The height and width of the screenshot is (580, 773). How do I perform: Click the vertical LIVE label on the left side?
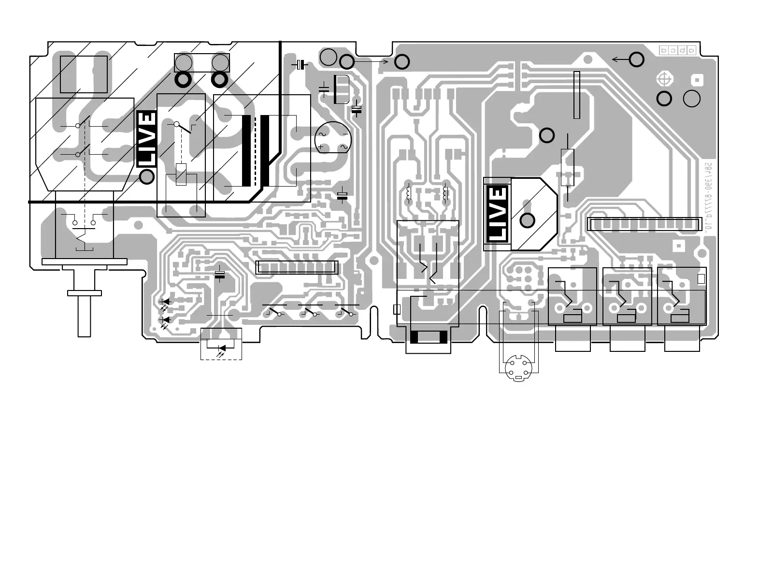[147, 139]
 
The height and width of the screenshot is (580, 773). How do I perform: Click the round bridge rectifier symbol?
[333, 139]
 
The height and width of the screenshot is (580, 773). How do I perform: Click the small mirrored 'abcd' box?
[678, 50]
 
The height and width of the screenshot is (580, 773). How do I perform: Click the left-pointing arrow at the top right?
[620, 59]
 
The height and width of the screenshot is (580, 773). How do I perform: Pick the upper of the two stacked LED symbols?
[165, 302]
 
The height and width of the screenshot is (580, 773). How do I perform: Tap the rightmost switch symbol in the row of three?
[347, 312]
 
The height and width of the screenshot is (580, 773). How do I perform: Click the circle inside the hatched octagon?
[527, 220]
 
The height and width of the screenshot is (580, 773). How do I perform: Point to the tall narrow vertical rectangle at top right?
[576, 95]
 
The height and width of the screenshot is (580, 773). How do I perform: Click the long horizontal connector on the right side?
[644, 224]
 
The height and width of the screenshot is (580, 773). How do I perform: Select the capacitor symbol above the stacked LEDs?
[220, 275]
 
